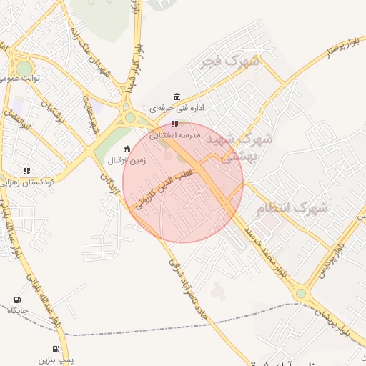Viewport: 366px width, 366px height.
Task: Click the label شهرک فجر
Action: point(230,63)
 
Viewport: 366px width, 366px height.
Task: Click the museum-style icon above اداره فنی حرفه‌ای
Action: point(177,97)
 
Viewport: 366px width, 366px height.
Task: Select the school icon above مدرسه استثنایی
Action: point(174,123)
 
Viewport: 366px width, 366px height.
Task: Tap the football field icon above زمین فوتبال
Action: point(127,149)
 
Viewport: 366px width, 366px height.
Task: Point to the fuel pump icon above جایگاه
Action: point(16,300)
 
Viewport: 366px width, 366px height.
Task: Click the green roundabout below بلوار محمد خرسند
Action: point(301,293)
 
